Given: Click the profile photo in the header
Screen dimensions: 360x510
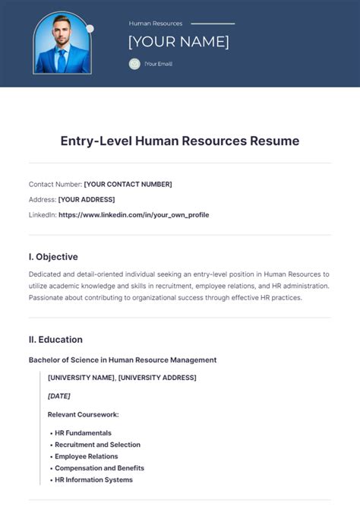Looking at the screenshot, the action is [62, 43].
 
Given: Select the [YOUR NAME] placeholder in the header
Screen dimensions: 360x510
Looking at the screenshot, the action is [178, 42].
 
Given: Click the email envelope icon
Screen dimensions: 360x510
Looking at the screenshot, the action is [134, 64].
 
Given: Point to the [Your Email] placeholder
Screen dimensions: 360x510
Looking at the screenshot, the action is [158, 64].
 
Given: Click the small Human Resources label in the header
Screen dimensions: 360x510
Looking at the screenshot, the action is [156, 24].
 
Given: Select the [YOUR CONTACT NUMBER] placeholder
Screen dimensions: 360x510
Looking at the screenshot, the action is [128, 184].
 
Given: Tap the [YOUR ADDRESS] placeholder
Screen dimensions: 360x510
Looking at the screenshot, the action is [87, 199].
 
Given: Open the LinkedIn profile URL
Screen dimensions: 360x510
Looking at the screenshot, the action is [134, 215].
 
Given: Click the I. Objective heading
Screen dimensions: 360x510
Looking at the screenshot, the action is [53, 257].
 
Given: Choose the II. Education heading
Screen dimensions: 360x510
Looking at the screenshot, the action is [55, 339].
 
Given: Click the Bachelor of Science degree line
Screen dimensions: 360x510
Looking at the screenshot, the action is [122, 360].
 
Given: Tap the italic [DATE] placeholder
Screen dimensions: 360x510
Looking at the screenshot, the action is [58, 396].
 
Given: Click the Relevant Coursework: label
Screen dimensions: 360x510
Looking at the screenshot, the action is [84, 414].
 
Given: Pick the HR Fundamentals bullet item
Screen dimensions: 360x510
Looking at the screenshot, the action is [83, 432].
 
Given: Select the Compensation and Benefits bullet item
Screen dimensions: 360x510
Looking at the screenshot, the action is [99, 468].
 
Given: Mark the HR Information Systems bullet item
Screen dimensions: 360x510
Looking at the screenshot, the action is [93, 480].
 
